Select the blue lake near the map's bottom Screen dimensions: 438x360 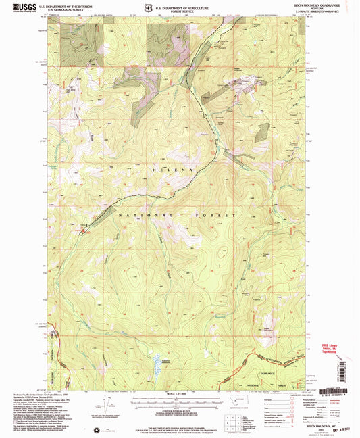pos(159,363)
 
